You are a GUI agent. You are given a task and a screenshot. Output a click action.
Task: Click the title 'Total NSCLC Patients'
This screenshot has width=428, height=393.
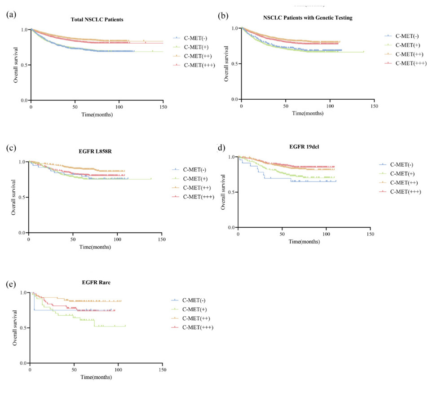[97, 20]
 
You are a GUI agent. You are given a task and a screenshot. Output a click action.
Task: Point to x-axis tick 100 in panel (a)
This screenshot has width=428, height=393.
[119, 108]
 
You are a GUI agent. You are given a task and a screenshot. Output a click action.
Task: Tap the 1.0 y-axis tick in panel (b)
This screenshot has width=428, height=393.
[234, 28]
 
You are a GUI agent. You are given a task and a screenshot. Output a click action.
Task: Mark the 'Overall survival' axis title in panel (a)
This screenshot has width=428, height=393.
[16, 66]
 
